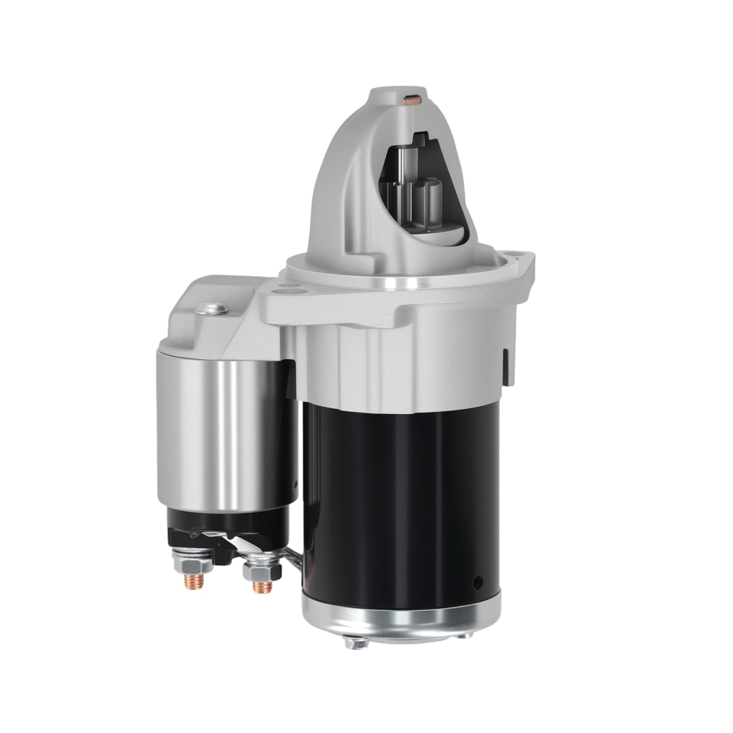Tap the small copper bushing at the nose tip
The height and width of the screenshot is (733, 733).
click(413, 100)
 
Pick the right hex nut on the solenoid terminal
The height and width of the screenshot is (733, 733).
click(262, 568)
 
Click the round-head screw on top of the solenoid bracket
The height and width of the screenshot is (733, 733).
click(211, 309)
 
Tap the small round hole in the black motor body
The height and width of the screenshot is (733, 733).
click(478, 583)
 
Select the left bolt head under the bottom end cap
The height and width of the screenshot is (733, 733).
click(357, 643)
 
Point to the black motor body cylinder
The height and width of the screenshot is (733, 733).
click(399, 498)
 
